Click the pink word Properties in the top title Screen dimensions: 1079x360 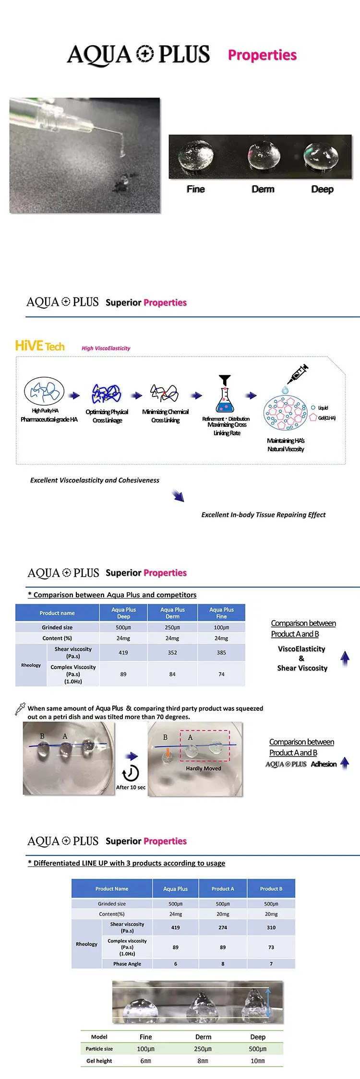[262, 55]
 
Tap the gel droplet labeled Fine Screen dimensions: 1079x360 [195, 155]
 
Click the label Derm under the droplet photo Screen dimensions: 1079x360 [263, 189]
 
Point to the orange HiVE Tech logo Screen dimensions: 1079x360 [40, 346]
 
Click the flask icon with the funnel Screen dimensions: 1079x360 [225, 394]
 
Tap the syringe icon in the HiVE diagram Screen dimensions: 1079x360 [298, 374]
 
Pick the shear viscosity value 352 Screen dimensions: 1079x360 [172, 653]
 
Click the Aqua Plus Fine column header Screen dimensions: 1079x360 [221, 613]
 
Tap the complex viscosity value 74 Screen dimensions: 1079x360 [221, 674]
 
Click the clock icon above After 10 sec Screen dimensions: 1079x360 [130, 773]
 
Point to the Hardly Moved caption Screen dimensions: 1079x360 [204, 768]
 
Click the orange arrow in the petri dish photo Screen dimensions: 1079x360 [168, 753]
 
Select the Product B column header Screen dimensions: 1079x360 [271, 889]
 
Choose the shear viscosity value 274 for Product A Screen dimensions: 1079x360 [223, 928]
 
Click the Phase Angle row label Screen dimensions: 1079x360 [127, 964]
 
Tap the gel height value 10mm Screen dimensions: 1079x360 [257, 1061]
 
